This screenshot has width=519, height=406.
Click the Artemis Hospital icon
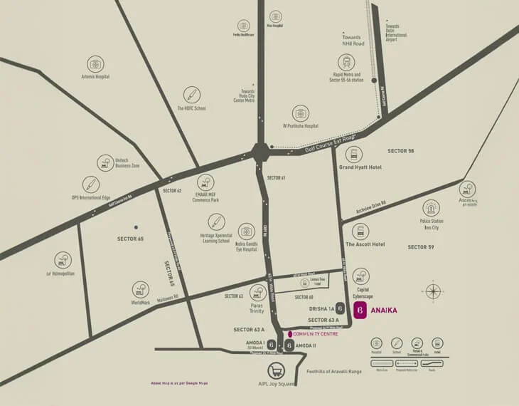(95, 64)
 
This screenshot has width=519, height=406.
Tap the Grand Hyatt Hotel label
(360, 167)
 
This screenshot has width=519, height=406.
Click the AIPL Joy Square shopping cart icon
(277, 370)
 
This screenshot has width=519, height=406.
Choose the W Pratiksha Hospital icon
(301, 113)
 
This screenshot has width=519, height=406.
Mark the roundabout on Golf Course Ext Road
(260, 152)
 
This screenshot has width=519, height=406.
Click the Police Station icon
(432, 208)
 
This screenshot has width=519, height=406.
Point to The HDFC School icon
(191, 95)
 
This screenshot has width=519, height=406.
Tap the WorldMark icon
(141, 289)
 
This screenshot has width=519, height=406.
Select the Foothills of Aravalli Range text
(334, 371)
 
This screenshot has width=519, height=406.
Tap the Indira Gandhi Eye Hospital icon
(246, 231)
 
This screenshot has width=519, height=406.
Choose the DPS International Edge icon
(90, 184)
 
